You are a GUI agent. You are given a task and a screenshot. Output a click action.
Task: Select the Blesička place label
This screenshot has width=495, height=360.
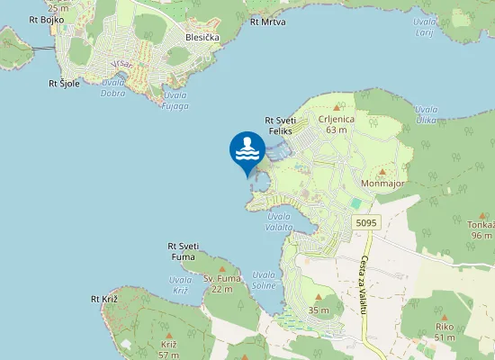pos(202,38)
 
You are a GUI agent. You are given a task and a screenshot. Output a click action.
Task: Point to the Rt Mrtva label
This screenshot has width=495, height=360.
pos(267,21)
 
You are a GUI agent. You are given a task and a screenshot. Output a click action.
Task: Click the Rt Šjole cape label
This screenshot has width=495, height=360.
pos(64,84)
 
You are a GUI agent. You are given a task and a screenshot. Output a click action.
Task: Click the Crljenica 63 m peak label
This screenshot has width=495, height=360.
pos(337,123)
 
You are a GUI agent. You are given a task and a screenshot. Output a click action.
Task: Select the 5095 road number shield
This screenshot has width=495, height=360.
pos(365,222)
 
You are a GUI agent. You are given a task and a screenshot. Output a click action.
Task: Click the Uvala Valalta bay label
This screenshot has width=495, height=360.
pos(279,221)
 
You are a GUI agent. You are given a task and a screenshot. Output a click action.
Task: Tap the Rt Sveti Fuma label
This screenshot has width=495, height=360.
pos(184,251)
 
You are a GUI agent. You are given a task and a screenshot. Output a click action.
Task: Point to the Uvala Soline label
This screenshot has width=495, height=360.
pos(264,279)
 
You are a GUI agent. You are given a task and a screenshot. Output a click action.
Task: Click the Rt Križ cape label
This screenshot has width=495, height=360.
pos(104,299)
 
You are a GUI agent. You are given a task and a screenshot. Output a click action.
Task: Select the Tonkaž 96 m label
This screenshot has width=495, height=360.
pos(481,229)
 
